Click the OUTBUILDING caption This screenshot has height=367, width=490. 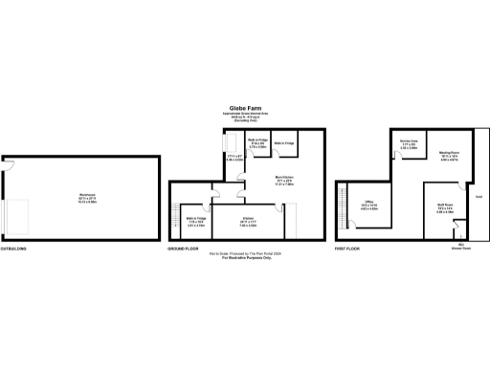coord(14,248)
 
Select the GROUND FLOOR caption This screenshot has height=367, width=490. coord(182,248)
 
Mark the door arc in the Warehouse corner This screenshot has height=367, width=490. coord(9,167)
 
